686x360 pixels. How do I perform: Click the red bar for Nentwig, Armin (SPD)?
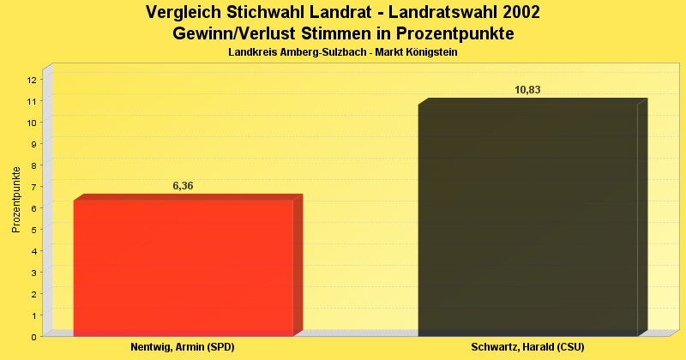(x=184, y=267)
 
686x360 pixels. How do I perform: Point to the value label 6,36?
(x=184, y=185)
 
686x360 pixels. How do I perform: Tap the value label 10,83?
(x=527, y=90)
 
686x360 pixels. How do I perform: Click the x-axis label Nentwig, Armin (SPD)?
(x=183, y=347)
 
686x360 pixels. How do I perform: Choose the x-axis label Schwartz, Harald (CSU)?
(x=527, y=347)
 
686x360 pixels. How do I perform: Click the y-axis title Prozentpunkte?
(x=16, y=200)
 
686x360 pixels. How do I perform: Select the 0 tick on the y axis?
(x=33, y=337)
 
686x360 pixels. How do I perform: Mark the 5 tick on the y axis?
(x=33, y=230)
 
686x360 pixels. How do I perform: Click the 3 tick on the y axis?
(x=33, y=273)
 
